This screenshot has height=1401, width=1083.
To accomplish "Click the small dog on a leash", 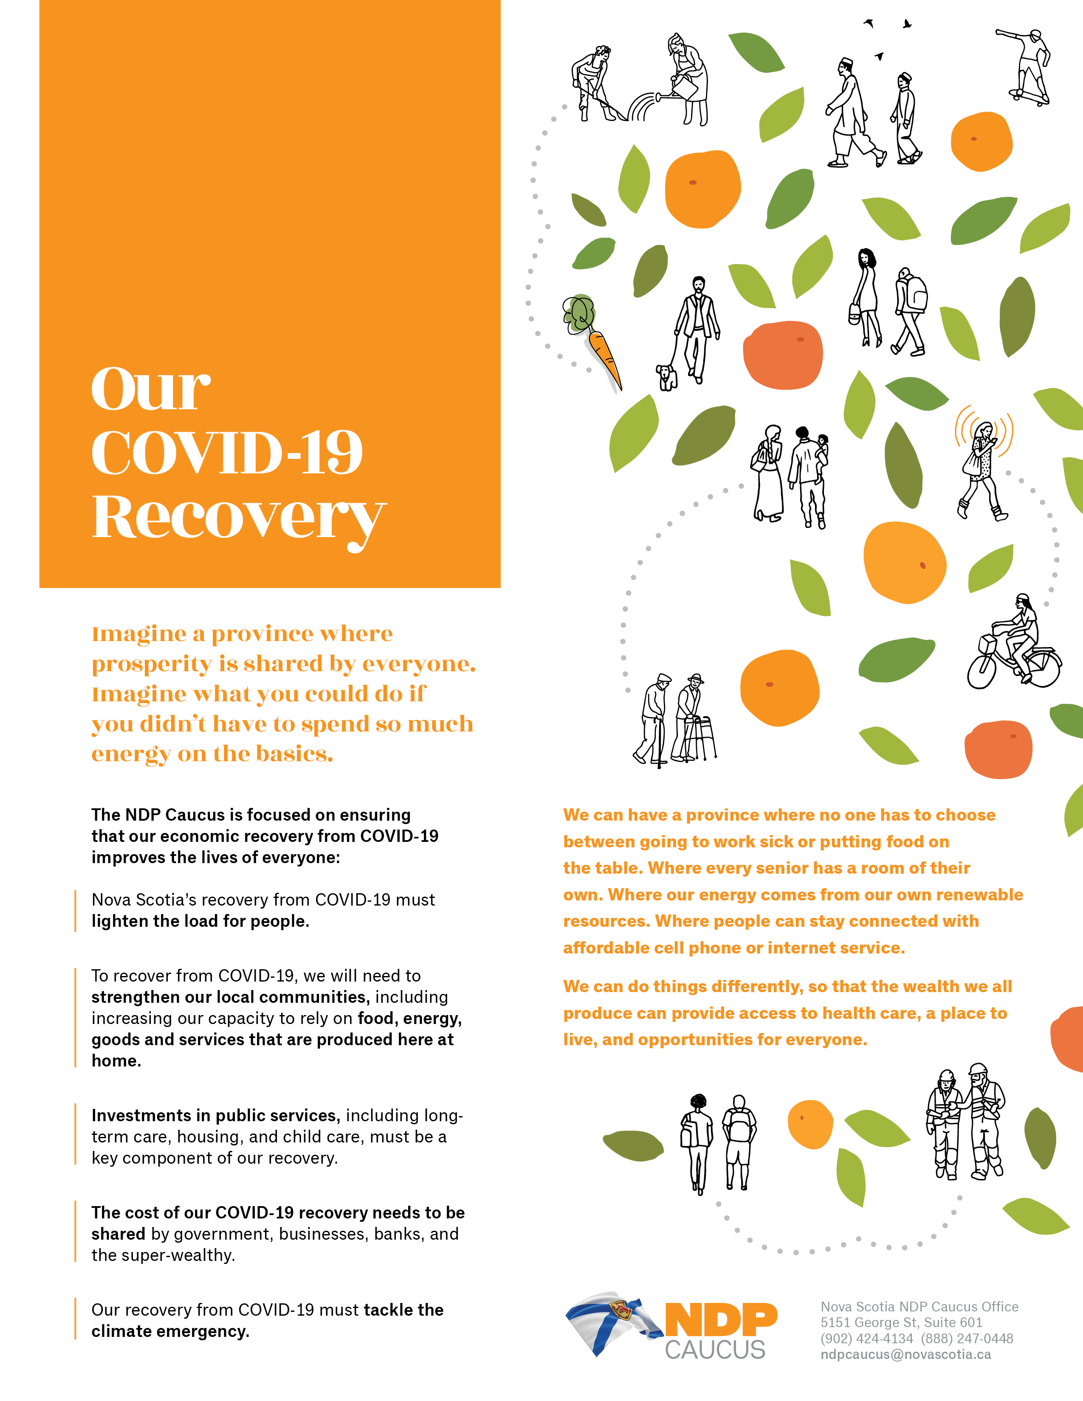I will [x=667, y=377].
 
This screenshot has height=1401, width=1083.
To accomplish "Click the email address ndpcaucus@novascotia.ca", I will [x=905, y=1354].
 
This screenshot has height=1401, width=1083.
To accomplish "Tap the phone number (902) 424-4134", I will [x=866, y=1338].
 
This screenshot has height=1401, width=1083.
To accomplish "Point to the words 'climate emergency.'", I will [x=170, y=1331].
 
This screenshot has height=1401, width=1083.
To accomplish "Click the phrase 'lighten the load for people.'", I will [x=200, y=921].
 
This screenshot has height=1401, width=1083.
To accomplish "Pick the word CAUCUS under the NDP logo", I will [x=715, y=1350].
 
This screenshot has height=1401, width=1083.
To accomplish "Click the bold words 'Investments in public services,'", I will [x=216, y=1116].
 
